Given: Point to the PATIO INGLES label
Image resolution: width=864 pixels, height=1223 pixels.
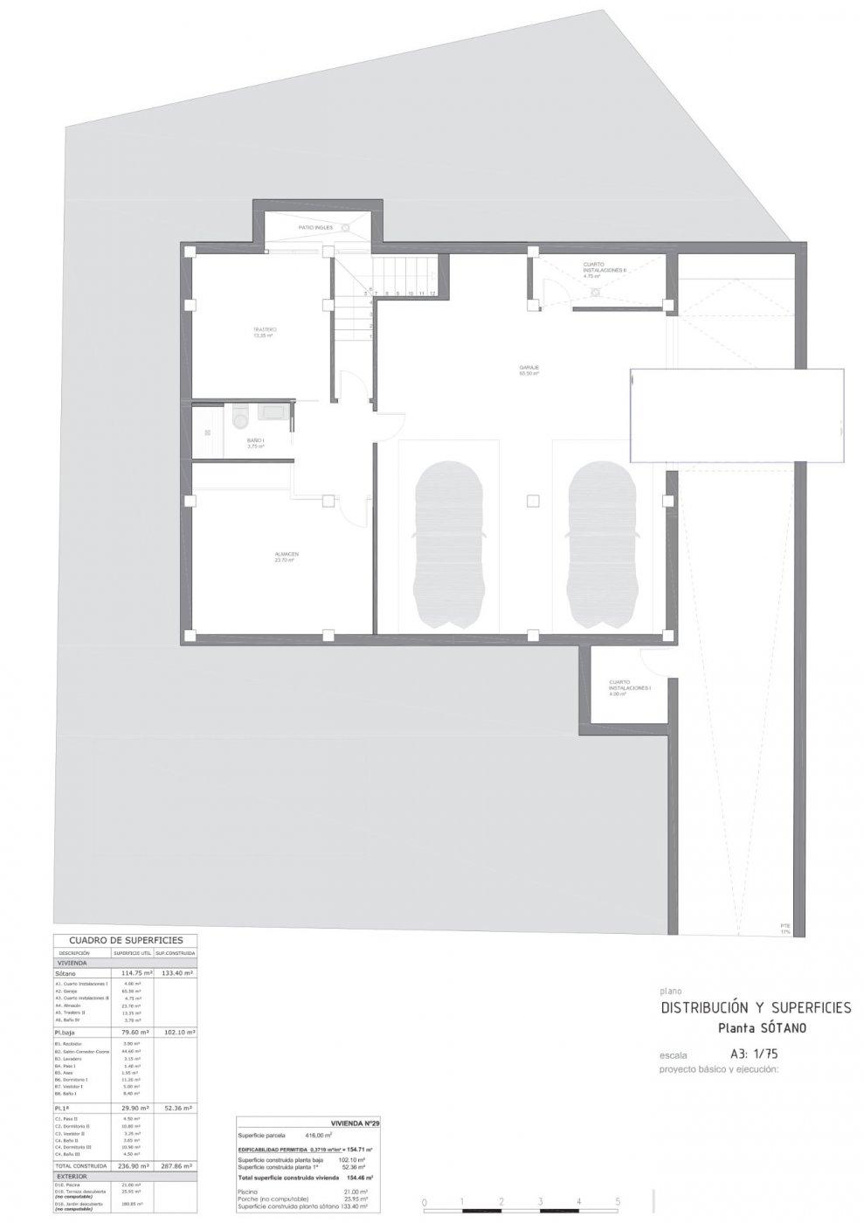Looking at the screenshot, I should pos(315,228).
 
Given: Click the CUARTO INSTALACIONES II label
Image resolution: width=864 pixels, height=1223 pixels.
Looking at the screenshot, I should pos(605,269).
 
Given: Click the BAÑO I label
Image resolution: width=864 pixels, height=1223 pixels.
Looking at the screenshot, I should pos(256,442).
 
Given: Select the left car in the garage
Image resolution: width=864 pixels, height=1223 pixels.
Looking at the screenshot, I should pos(449,543).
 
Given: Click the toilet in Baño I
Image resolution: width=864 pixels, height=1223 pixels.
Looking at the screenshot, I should pos(243,420).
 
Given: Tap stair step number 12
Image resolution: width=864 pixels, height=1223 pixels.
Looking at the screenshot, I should pos(432,294).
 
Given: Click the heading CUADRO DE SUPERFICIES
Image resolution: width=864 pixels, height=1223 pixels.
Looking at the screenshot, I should pos(126,940).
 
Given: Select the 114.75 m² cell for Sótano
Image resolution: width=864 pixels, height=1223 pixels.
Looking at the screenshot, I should pos(133,972).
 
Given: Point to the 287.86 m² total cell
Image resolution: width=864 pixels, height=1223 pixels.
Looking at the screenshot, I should pos(175,1165).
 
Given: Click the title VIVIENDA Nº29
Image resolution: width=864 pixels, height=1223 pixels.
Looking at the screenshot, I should pos(356,1123).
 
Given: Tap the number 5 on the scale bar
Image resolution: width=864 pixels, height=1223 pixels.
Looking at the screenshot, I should pos(618,1202).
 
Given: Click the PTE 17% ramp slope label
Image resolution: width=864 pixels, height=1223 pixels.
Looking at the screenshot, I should pos(785,929).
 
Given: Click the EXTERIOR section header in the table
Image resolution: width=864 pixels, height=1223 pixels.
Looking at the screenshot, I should pos(73,1176).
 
